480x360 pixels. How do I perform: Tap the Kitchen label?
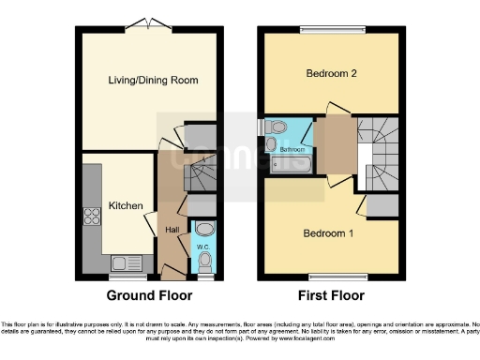pos(125,205)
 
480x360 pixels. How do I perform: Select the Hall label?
pos(172,230)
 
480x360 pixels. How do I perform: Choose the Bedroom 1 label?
pos(327,232)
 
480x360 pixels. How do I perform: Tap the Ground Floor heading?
pos(150,295)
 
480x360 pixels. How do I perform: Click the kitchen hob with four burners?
pos(93,218)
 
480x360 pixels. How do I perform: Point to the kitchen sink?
pos(123,262)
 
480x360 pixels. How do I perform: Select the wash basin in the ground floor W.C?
pos(205,230)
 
